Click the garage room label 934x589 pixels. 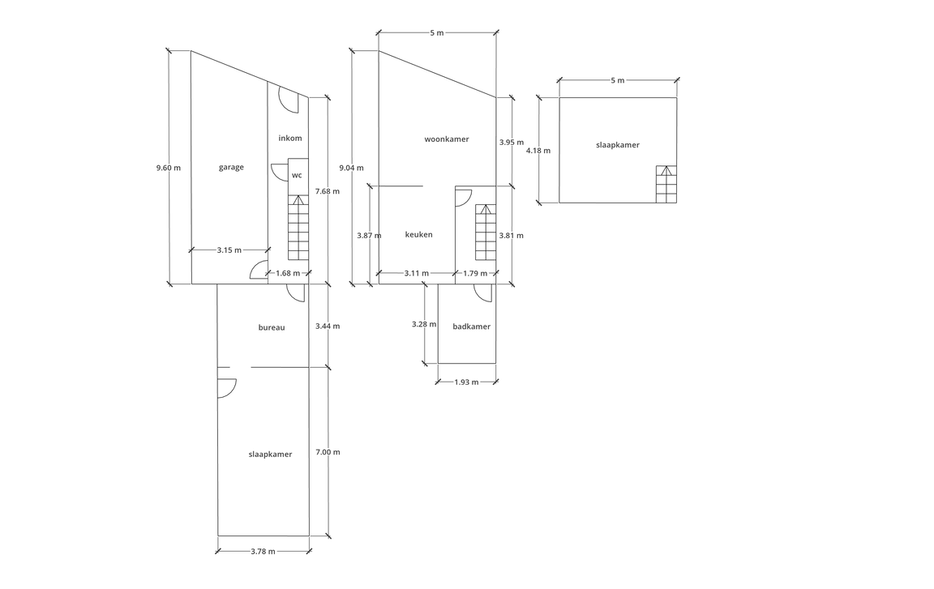coord(231,167)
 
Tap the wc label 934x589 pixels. coord(297,175)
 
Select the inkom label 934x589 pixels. coord(290,138)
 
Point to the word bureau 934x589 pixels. coord(272,327)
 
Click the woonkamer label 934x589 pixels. coord(447,139)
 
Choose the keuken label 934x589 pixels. coord(418,234)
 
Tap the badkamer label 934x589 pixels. coord(472,327)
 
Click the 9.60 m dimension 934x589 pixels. coord(169,168)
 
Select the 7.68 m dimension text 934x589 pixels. coord(327,191)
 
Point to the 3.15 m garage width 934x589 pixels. coord(229,250)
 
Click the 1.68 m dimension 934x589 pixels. coord(288,273)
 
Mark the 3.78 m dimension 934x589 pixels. coord(263,552)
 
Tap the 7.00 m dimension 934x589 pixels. coord(328,452)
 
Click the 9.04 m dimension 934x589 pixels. coord(351,168)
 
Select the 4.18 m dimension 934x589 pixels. coord(538,151)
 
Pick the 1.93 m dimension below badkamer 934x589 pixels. coord(466,382)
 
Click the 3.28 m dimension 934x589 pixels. coord(424,324)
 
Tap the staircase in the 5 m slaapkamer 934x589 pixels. coord(666,185)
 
